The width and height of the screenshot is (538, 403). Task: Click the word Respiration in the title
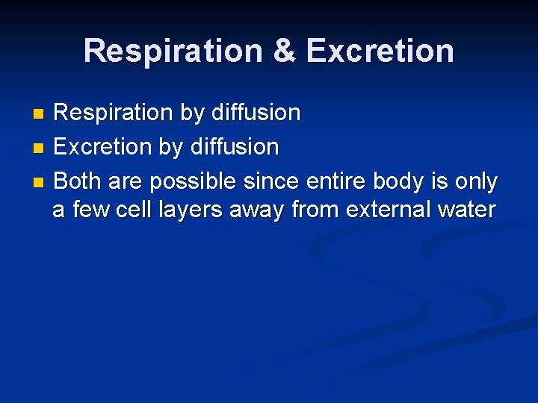(173, 51)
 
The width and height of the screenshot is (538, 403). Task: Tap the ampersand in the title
(285, 51)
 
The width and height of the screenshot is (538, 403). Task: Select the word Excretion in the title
(380, 51)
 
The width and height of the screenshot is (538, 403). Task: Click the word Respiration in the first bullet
(114, 113)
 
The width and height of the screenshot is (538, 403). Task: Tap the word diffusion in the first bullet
(256, 113)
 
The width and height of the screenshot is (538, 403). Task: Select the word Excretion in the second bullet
(104, 147)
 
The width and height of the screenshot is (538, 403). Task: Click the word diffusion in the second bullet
(234, 147)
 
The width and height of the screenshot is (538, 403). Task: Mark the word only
(474, 181)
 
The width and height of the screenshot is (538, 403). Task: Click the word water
(465, 210)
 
